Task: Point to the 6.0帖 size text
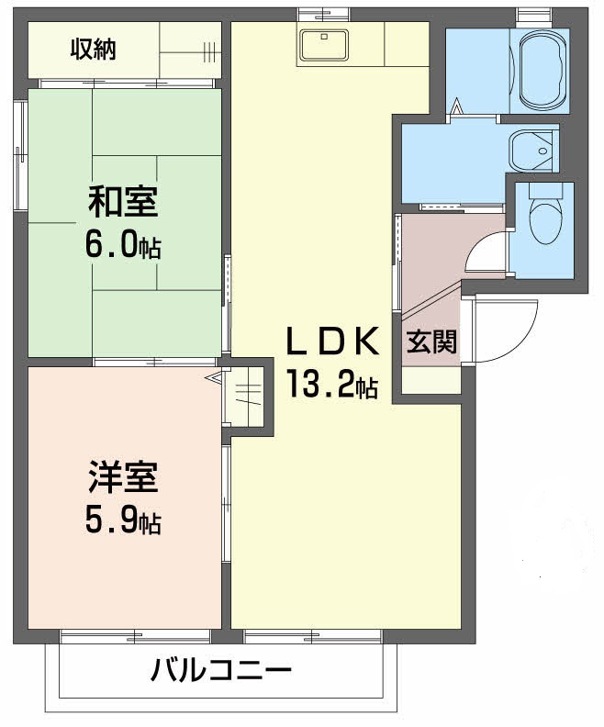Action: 123,244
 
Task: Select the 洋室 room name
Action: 122,479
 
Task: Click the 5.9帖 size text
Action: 122,521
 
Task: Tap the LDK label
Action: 331,341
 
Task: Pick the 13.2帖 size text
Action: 331,385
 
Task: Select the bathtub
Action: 542,72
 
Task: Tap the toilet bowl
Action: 543,218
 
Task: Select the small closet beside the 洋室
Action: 246,396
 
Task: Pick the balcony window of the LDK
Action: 313,635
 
